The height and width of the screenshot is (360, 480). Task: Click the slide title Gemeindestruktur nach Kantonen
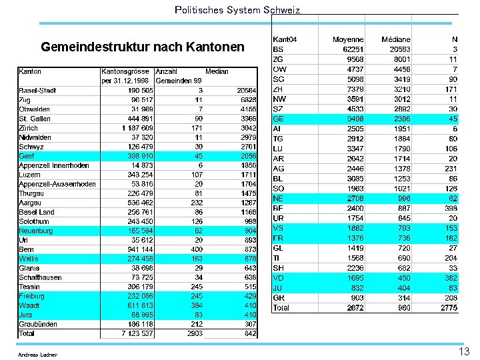coord(143,48)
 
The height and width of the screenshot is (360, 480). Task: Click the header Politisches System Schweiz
coord(237,10)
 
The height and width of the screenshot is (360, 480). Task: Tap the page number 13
coord(464,351)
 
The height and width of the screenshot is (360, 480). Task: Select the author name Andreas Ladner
coord(38,355)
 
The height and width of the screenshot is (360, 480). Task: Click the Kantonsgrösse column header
coord(126,71)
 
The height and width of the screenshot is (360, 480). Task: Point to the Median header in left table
coord(217,71)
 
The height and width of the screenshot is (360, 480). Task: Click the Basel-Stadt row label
coord(37,91)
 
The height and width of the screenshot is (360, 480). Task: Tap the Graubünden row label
coord(38,324)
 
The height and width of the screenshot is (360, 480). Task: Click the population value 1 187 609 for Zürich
coord(137,128)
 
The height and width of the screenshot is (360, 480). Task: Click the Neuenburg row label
coord(36,231)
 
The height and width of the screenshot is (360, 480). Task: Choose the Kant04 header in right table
coord(285,40)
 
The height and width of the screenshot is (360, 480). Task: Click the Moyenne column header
coord(348,40)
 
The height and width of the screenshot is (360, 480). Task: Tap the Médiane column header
coord(396,40)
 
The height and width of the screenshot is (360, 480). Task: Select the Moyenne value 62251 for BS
coord(353,49)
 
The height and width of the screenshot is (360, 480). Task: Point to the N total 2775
coord(449,309)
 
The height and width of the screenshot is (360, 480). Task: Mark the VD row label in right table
coord(279,277)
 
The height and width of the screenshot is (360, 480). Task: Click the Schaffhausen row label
coord(40,277)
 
